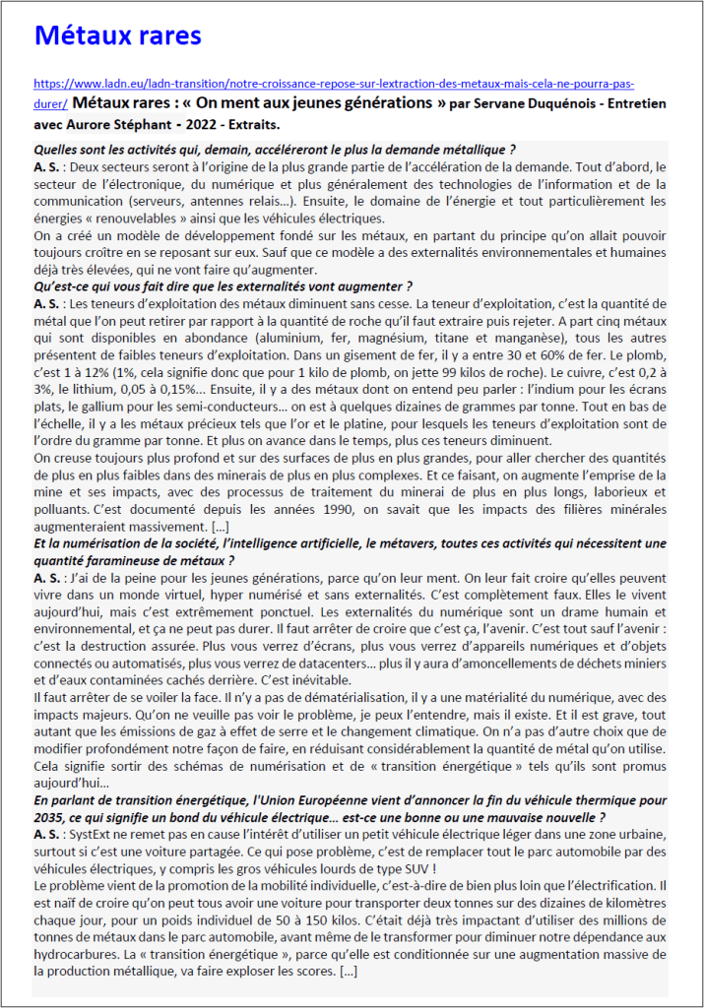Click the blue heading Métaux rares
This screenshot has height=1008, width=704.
click(117, 36)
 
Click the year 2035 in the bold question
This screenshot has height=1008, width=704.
click(50, 818)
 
